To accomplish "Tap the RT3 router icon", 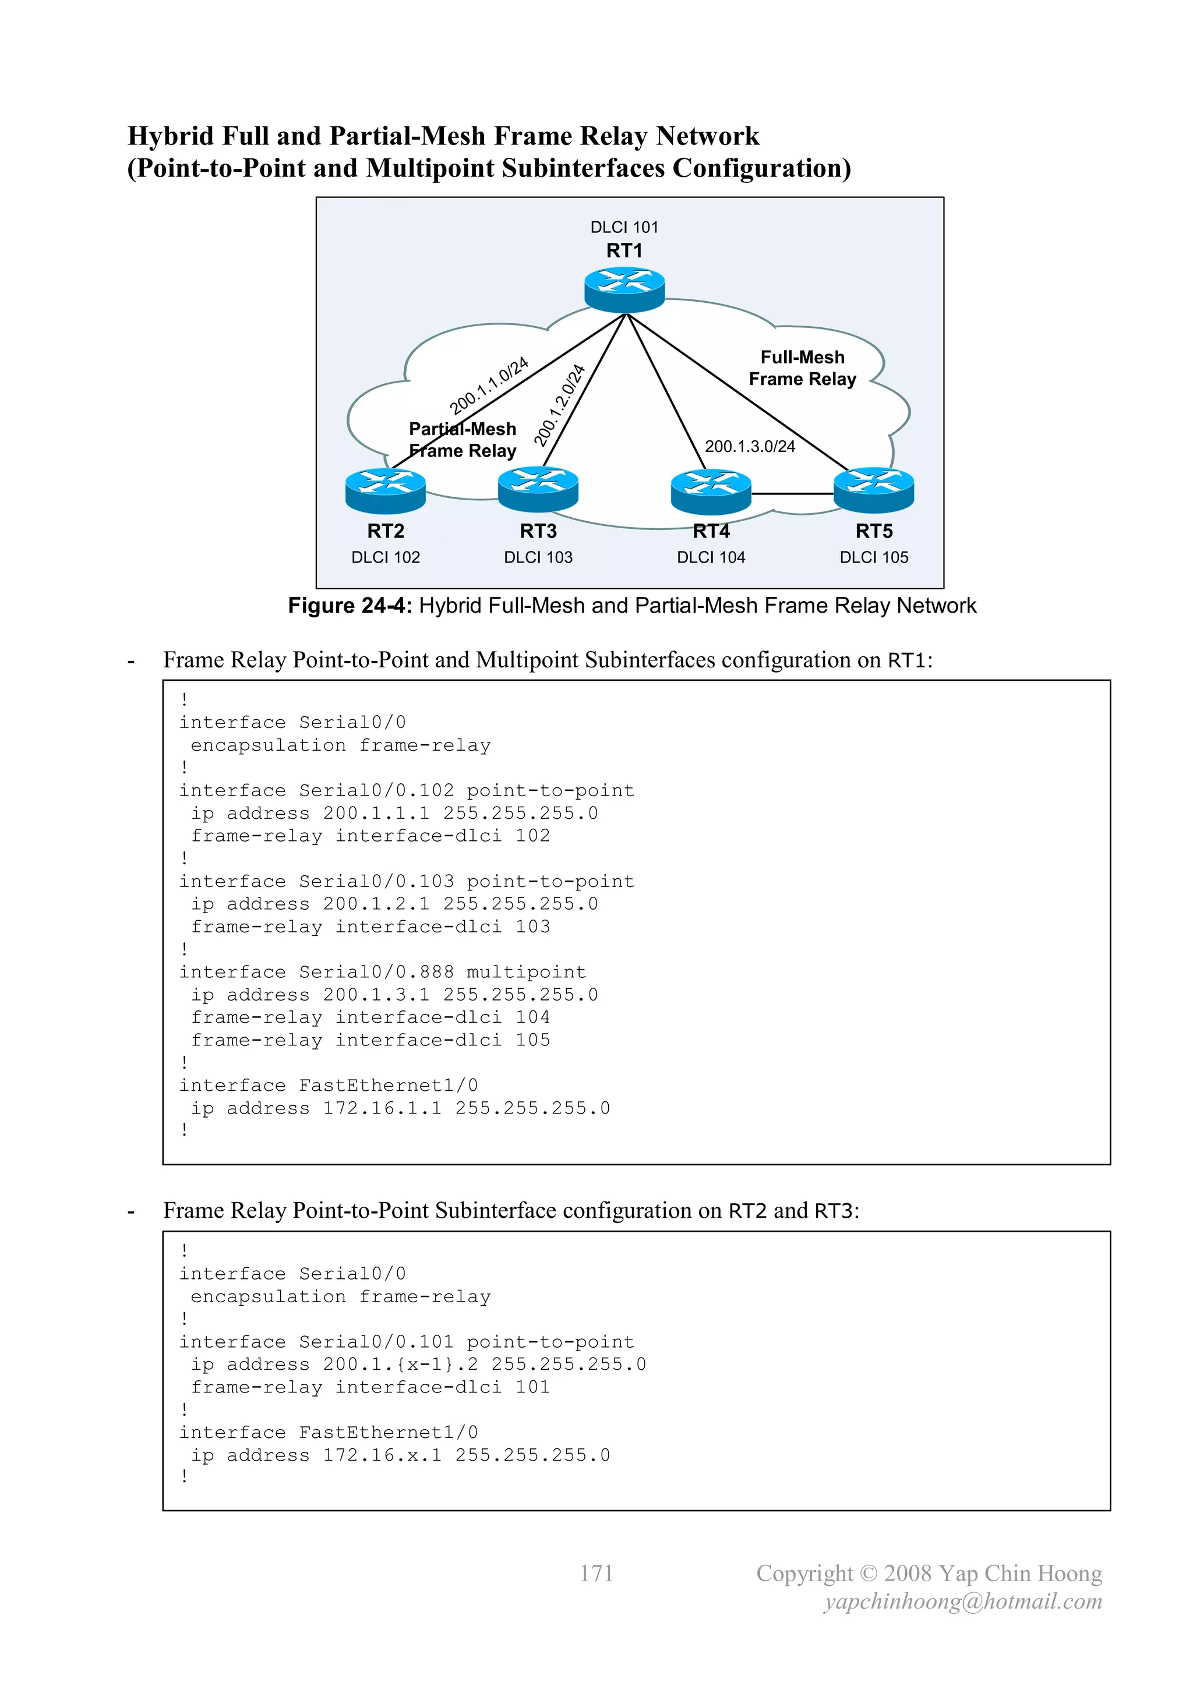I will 538,490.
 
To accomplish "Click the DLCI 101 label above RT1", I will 624,228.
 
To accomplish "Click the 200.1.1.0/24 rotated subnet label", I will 489,386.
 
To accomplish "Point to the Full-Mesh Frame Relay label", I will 802,368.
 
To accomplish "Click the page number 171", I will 596,1573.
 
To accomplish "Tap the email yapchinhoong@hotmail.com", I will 962,1602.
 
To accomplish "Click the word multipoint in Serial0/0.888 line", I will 526,972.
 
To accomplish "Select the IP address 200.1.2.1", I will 376,904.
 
